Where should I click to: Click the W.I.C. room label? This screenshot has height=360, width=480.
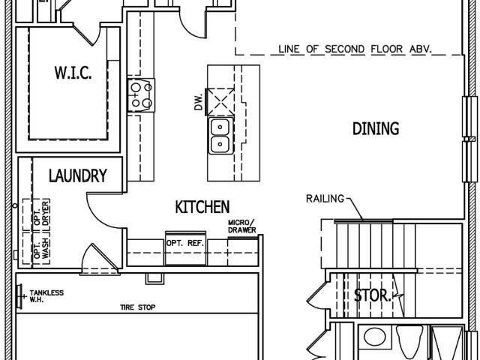click(x=73, y=73)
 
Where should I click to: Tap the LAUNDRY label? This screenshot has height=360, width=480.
click(x=78, y=175)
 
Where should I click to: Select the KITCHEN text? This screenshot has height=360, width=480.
click(x=202, y=207)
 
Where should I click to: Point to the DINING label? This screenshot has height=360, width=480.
click(x=376, y=128)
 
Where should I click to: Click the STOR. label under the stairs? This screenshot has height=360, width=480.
click(x=372, y=295)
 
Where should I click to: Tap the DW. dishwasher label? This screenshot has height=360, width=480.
click(x=199, y=102)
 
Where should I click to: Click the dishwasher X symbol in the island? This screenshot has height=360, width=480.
click(x=220, y=102)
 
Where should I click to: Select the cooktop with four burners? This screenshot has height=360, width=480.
click(x=141, y=95)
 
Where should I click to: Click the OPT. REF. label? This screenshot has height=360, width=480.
click(x=185, y=243)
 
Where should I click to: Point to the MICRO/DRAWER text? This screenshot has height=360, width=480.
click(x=241, y=226)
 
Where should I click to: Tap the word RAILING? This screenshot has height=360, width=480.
click(x=325, y=199)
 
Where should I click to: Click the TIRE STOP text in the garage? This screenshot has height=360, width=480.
click(x=138, y=307)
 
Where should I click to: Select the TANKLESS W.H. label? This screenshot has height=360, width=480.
click(x=46, y=296)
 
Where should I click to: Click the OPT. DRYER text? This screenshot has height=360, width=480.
click(x=41, y=213)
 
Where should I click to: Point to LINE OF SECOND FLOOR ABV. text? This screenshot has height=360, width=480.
click(x=355, y=49)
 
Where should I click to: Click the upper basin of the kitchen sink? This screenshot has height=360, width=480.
click(x=220, y=127)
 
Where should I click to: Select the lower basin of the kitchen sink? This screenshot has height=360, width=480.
click(x=220, y=144)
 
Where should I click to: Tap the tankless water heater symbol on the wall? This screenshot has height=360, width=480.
click(x=20, y=296)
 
